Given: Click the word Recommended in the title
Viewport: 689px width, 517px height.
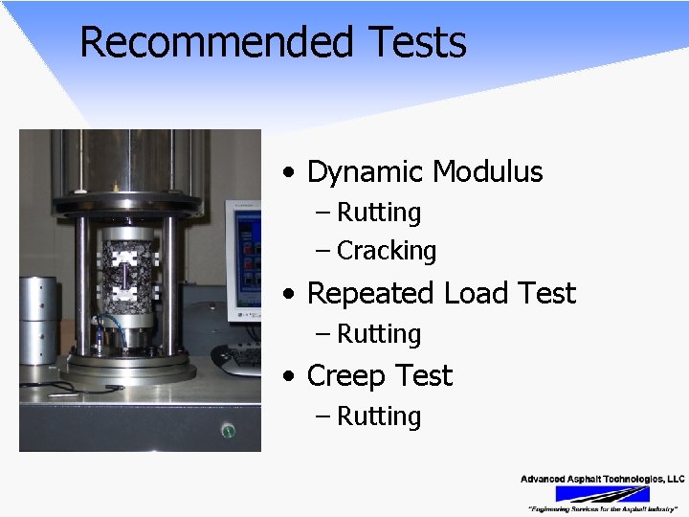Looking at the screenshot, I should (x=216, y=43).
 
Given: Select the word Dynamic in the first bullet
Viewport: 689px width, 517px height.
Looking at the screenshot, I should (x=366, y=172).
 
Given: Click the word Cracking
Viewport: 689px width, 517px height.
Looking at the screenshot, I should (x=387, y=251).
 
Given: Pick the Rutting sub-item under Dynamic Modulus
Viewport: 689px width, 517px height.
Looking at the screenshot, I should (x=379, y=212).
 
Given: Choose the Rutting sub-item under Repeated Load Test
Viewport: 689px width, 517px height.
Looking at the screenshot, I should (x=379, y=334).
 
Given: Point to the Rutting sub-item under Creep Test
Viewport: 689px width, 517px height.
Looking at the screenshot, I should (x=379, y=416).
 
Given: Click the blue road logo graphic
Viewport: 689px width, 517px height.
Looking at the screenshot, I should (x=603, y=494).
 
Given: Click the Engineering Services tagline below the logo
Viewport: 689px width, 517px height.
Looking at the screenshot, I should (x=602, y=508).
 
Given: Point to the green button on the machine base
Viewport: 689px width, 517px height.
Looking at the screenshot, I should (x=228, y=431).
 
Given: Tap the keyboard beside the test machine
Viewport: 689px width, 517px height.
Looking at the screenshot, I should (x=239, y=356).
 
